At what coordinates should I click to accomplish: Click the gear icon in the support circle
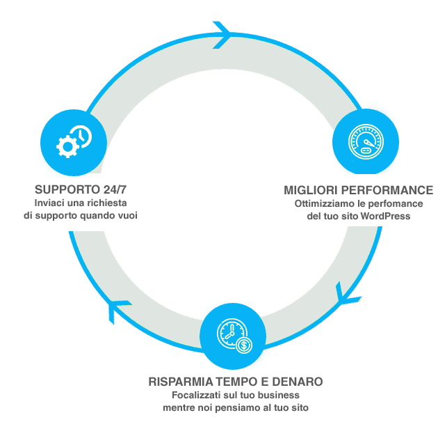(x=67, y=147)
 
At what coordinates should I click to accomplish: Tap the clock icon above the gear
(x=81, y=136)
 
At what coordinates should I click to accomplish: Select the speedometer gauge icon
(x=366, y=141)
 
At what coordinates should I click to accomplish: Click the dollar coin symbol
(x=244, y=345)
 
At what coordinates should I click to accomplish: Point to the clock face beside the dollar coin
(x=232, y=334)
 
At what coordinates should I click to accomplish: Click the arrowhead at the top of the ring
(x=222, y=35)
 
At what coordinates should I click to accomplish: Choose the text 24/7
(x=115, y=189)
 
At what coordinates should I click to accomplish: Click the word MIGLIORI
(x=311, y=190)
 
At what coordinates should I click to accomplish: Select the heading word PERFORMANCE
(x=387, y=190)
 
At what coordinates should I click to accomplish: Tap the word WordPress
(x=385, y=216)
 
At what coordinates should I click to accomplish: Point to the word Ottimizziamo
(x=325, y=203)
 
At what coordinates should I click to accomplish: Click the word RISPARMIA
(x=181, y=382)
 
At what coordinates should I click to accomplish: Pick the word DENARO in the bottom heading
(x=298, y=382)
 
